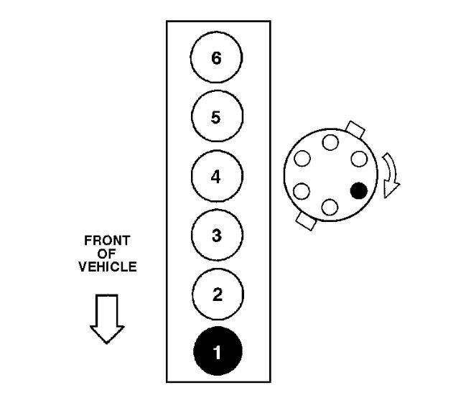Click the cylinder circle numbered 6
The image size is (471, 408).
(x=217, y=58)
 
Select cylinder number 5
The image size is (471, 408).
(x=217, y=117)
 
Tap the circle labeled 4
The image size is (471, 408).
(x=217, y=176)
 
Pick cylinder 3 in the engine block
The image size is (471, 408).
(x=217, y=235)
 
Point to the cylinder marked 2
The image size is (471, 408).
(x=217, y=294)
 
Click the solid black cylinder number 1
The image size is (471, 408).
(x=217, y=352)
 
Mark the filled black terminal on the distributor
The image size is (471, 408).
(x=358, y=190)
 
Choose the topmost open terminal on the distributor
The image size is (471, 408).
(x=330, y=142)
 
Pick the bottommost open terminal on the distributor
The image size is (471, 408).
(x=330, y=207)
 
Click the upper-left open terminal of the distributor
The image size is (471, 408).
(x=302, y=158)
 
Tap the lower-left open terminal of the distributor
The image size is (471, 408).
(x=302, y=191)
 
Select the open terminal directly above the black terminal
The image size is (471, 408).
(x=358, y=158)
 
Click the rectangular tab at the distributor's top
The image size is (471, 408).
(x=355, y=129)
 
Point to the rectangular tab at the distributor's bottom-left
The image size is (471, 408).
(x=305, y=221)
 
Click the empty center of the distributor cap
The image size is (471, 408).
(x=330, y=175)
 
